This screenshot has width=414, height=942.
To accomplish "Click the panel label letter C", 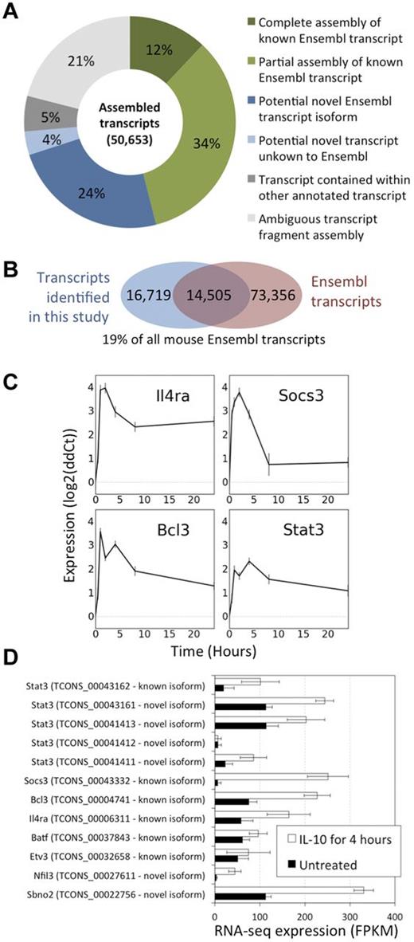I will pos(11,352).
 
